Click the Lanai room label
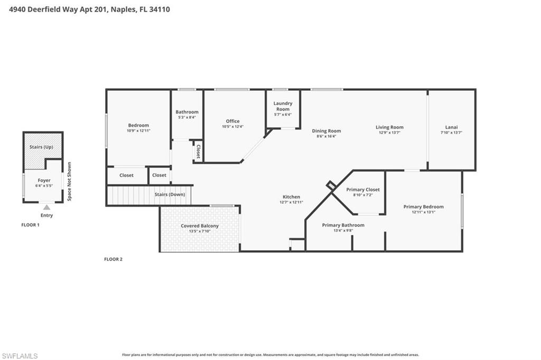point(451,127)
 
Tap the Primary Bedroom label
point(423,206)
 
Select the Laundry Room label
point(283,106)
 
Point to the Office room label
point(232,121)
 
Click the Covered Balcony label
point(200,226)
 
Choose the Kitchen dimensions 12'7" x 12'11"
point(291,202)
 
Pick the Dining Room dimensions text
point(326,136)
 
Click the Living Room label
point(389,127)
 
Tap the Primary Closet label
point(362,190)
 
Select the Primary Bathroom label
point(343,225)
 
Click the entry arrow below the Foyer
point(46,207)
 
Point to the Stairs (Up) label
point(41,147)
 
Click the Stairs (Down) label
point(170,194)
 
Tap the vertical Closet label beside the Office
point(198,151)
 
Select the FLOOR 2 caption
point(113,259)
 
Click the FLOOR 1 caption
point(30,225)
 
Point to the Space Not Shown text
point(69,181)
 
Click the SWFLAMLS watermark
point(20,356)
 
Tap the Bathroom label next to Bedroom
point(187,112)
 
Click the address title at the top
point(90,9)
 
